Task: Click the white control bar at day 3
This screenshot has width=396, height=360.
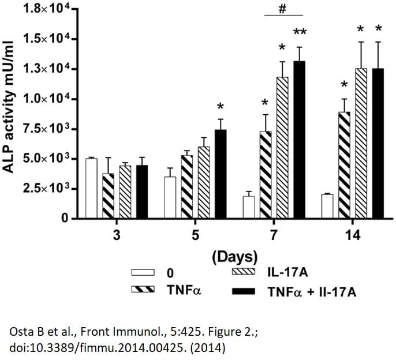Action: point(91,189)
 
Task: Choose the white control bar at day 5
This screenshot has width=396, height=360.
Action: point(170,198)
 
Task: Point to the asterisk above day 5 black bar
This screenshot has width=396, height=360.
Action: point(221,107)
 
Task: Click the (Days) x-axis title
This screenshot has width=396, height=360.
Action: point(234,256)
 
